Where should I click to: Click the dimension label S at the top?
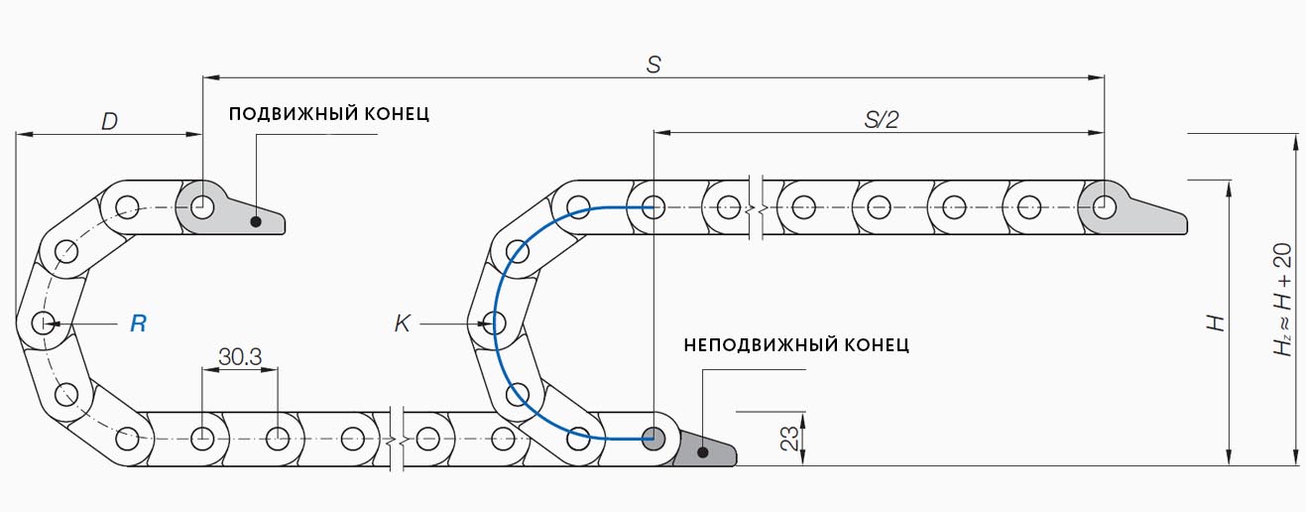tap(653, 64)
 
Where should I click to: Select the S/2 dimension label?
tap(881, 120)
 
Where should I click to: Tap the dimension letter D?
tap(110, 121)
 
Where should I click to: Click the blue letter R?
tap(139, 323)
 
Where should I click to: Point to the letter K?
tap(402, 323)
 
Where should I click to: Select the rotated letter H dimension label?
tap(1217, 322)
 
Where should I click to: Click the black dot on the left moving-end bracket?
tap(256, 221)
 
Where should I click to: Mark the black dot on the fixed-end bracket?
tap(702, 451)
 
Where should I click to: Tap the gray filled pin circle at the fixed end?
tap(653, 437)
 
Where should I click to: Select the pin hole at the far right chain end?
tap(1104, 207)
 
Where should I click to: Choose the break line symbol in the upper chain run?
tap(761, 207)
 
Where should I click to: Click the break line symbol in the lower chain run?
tap(398, 437)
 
